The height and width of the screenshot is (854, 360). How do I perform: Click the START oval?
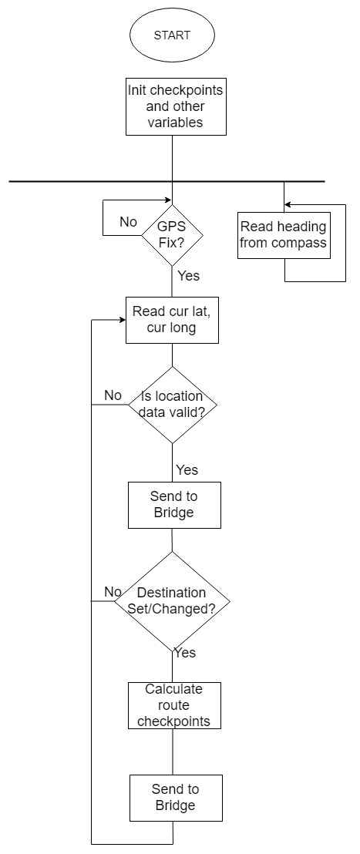click(x=172, y=35)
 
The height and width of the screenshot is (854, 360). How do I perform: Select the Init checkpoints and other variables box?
click(x=176, y=106)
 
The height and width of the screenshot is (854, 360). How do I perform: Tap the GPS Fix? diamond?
click(x=172, y=235)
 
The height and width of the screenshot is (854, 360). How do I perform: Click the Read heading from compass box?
click(x=284, y=235)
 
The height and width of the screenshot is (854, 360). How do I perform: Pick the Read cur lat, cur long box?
click(x=172, y=321)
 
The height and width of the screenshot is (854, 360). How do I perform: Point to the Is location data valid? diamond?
click(x=172, y=405)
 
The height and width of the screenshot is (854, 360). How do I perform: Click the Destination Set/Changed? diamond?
click(x=172, y=601)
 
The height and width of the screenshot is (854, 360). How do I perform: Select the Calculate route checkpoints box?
click(x=175, y=705)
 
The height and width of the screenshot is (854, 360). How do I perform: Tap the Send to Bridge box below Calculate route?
click(x=176, y=798)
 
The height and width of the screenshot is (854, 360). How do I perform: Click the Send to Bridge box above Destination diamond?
click(x=175, y=505)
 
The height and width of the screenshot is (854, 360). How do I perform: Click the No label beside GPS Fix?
click(x=129, y=222)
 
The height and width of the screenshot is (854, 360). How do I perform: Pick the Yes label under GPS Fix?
click(x=188, y=276)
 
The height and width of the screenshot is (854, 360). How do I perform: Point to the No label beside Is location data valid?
click(x=113, y=395)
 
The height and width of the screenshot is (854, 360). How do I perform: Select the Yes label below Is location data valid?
click(x=187, y=469)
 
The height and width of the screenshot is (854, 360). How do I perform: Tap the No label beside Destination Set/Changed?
click(x=113, y=592)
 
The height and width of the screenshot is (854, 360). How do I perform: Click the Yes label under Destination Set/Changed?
click(x=185, y=653)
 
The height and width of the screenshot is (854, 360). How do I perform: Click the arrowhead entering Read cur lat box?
click(x=123, y=321)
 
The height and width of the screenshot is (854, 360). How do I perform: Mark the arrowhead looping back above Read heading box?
click(x=288, y=205)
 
